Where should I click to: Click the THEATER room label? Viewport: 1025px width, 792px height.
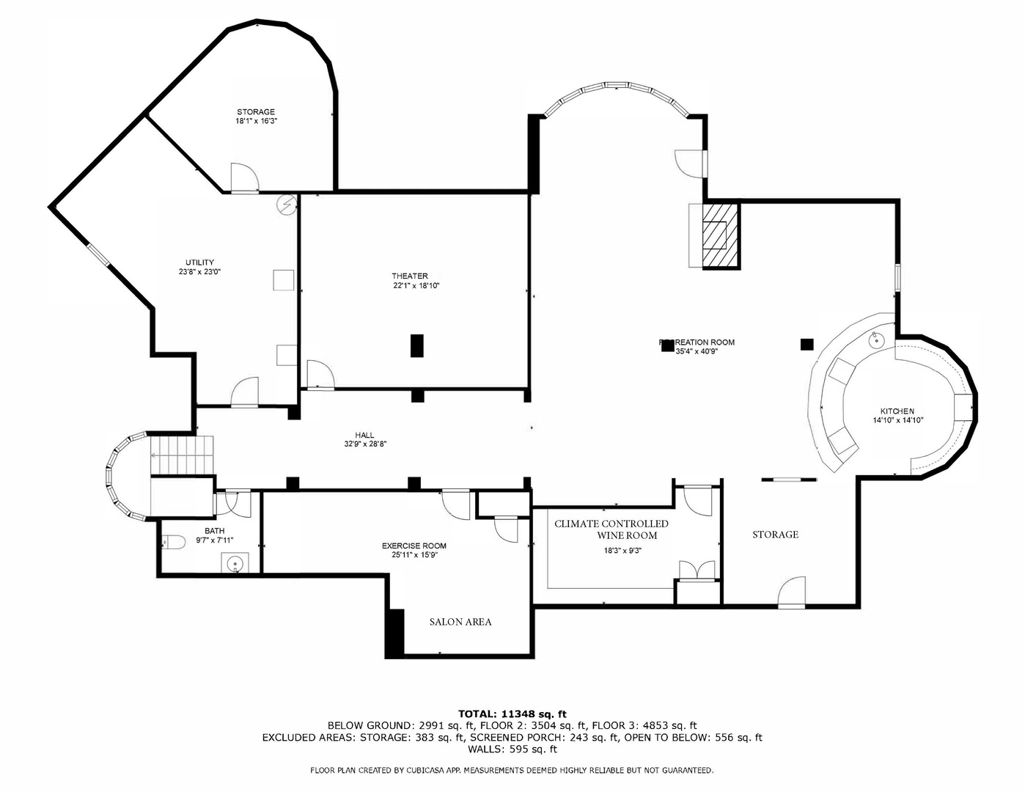(x=409, y=276)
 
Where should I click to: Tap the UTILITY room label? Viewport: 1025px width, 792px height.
(x=199, y=263)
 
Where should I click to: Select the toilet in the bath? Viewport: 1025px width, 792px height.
(x=174, y=542)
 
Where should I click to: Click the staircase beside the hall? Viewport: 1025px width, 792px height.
(x=181, y=455)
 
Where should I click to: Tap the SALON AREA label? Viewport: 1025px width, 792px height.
(x=460, y=622)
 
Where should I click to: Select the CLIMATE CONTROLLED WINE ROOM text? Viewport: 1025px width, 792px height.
(x=611, y=529)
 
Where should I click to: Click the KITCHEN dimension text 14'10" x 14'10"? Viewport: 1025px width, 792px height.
(x=897, y=421)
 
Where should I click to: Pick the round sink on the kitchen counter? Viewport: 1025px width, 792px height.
(x=875, y=340)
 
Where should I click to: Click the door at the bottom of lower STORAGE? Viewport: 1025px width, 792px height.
(x=792, y=593)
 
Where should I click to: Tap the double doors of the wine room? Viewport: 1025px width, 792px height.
(x=696, y=571)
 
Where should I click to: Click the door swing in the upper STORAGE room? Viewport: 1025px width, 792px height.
(x=243, y=177)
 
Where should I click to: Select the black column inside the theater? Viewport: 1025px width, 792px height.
(x=417, y=345)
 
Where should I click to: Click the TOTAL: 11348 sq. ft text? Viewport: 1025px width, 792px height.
(x=512, y=714)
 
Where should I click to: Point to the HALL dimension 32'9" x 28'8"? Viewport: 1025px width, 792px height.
(x=365, y=444)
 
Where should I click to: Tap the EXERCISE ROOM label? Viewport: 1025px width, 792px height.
(x=414, y=546)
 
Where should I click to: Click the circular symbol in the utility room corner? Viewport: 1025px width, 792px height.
(x=286, y=205)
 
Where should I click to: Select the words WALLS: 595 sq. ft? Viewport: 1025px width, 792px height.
(x=512, y=749)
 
